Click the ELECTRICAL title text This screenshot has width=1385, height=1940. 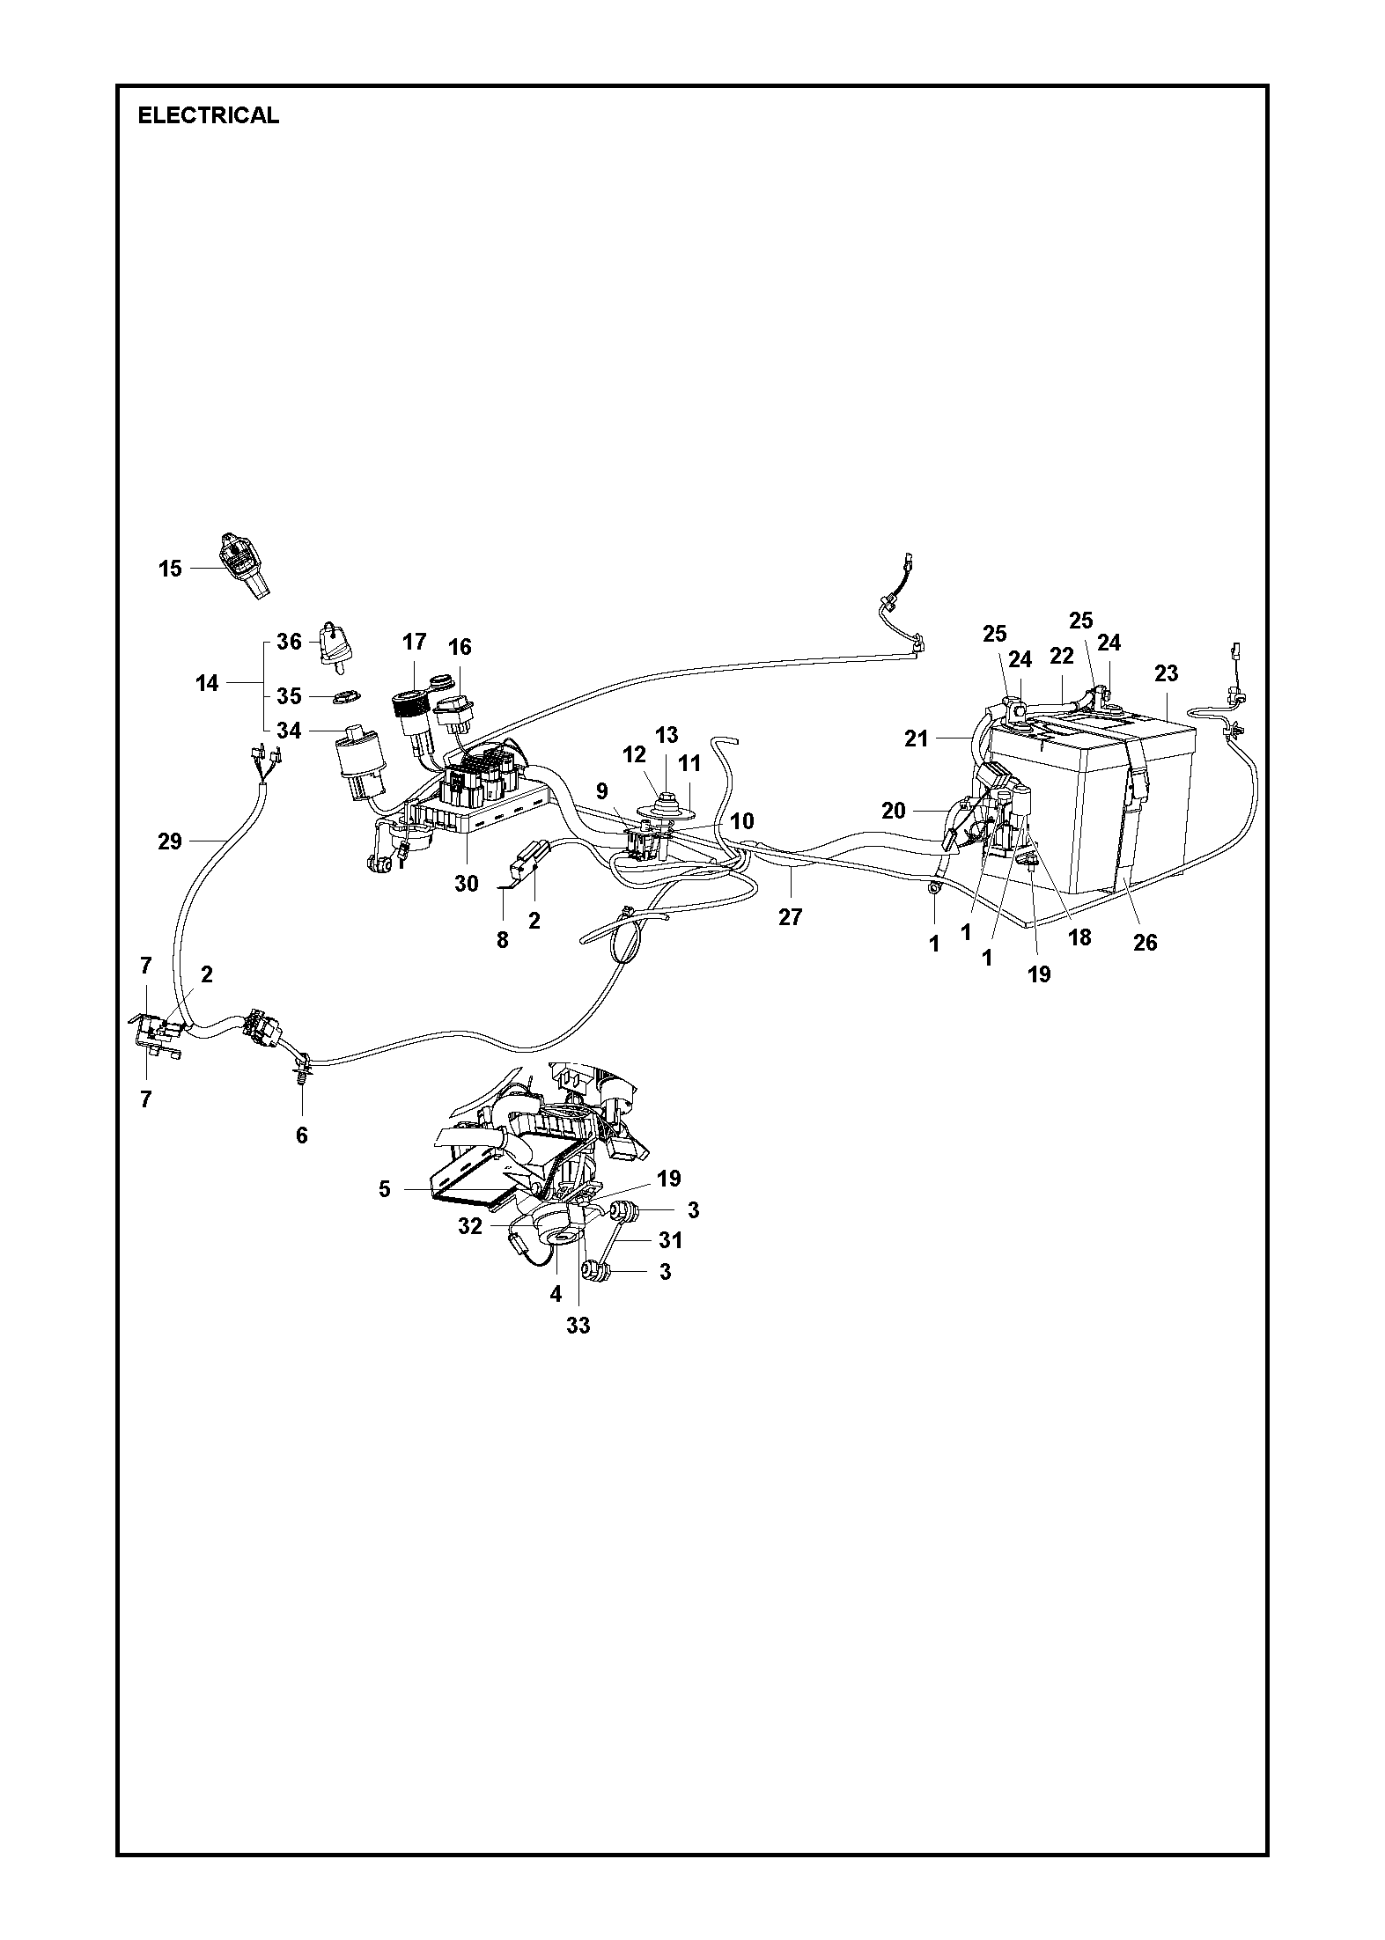click(x=209, y=115)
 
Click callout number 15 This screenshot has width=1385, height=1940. click(x=170, y=569)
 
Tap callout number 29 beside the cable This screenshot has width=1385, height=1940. click(x=170, y=841)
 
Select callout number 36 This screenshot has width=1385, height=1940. click(x=289, y=642)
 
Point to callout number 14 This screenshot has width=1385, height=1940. click(x=207, y=682)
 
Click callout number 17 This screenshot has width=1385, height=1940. click(x=415, y=642)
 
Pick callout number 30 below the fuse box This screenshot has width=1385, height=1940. click(x=466, y=883)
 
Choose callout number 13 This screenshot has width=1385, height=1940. click(x=667, y=735)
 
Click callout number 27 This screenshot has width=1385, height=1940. click(x=791, y=916)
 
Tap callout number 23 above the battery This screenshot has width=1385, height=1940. click(x=1166, y=673)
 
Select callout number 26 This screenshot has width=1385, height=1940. click(x=1145, y=942)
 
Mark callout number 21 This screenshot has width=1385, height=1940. click(x=917, y=739)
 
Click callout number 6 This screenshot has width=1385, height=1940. click(x=302, y=1135)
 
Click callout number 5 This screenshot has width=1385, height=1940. click(x=384, y=1189)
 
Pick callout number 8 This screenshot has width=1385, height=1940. click(x=502, y=940)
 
